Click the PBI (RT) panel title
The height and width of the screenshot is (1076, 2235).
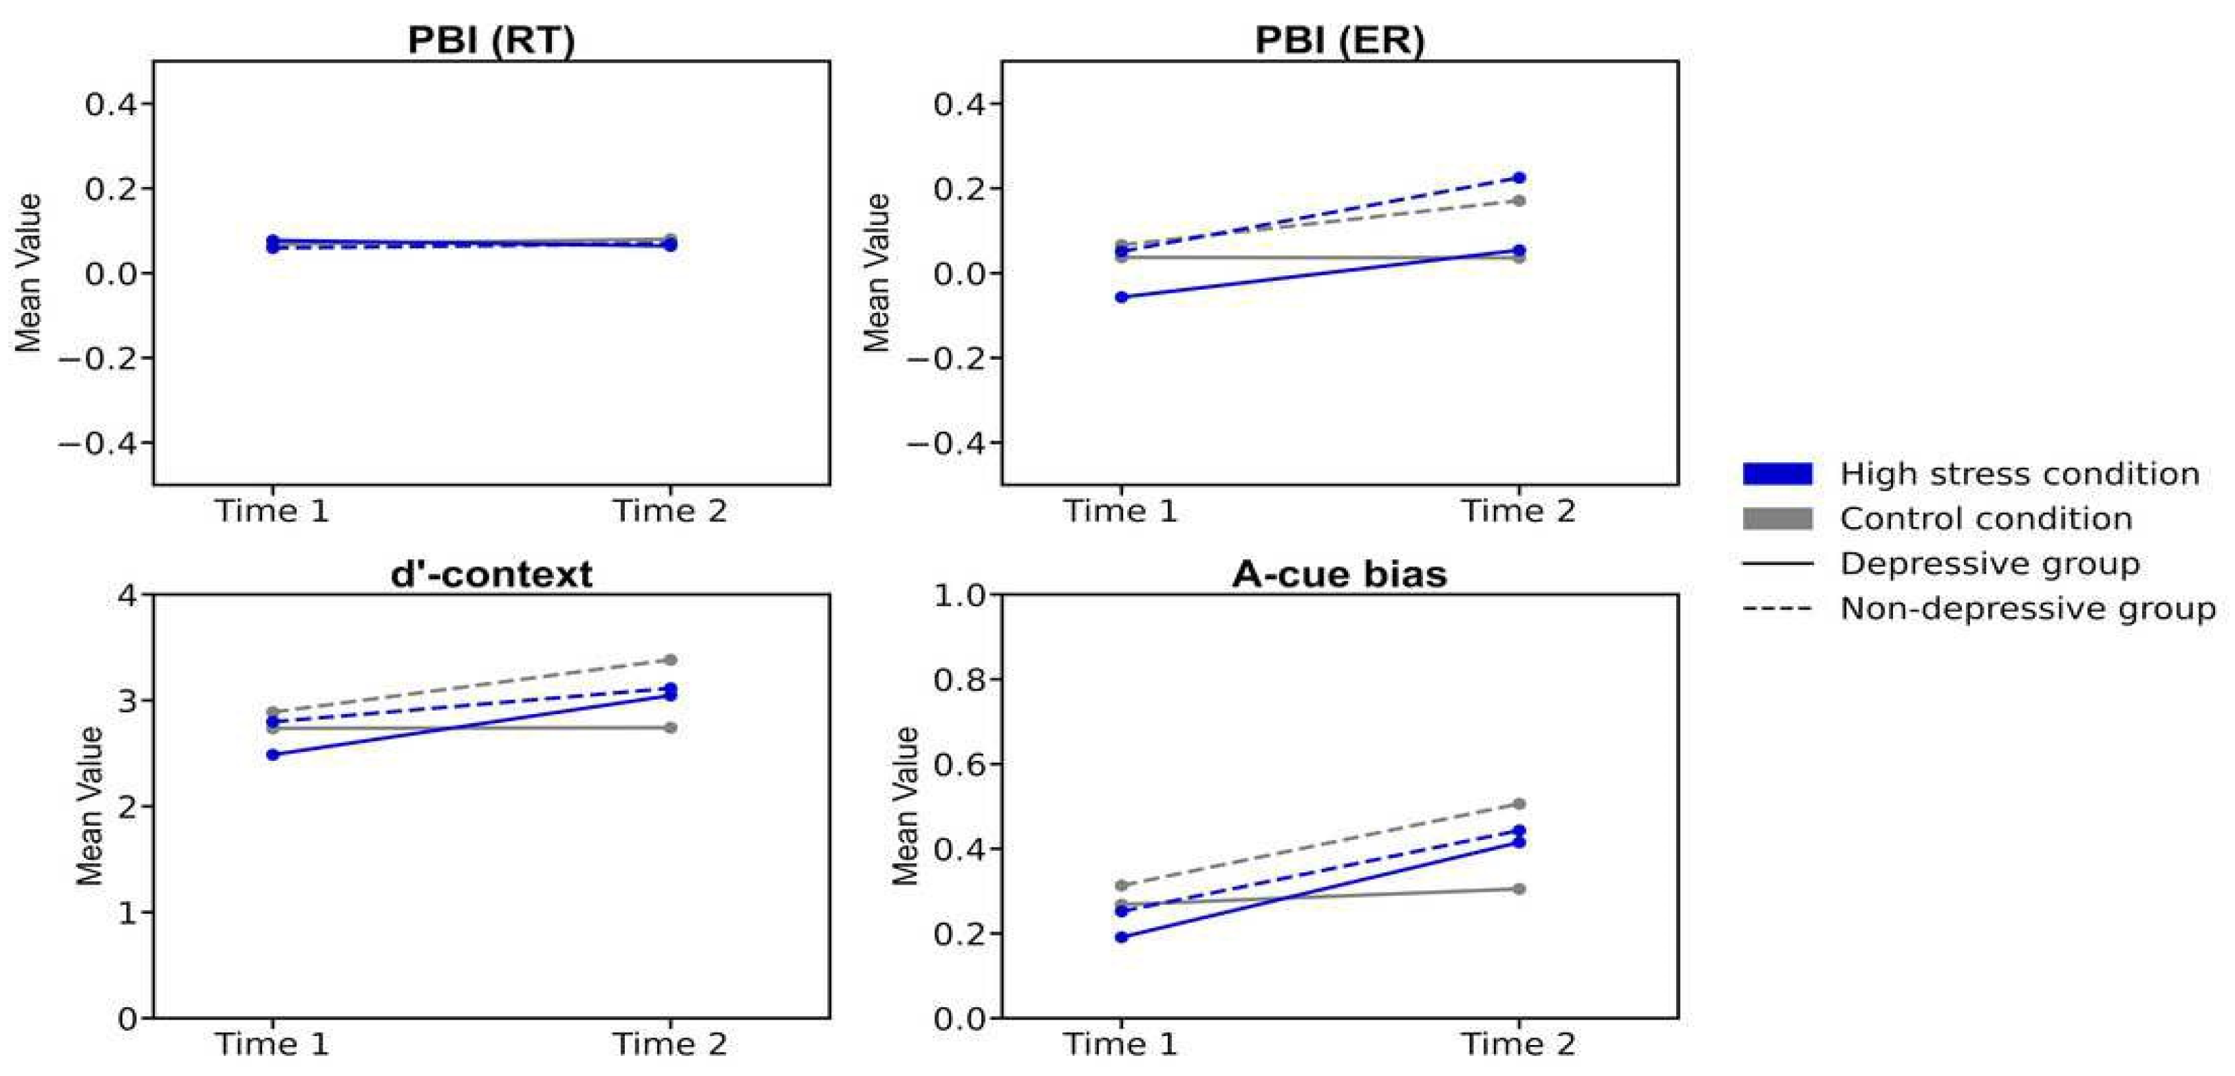491,40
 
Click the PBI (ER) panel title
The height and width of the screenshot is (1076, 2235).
1339,40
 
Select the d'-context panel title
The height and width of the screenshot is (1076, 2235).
491,574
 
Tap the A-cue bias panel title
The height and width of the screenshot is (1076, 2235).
1339,574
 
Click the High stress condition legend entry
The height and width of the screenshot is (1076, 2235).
2019,474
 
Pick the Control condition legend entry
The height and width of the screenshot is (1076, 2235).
1985,519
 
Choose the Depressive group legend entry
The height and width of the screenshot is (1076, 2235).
1989,564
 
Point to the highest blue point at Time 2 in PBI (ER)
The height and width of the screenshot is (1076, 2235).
1519,178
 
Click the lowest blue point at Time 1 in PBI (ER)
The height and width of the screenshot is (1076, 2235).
1121,297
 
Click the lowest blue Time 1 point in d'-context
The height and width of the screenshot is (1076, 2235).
272,754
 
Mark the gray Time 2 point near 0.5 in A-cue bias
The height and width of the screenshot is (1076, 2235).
1519,804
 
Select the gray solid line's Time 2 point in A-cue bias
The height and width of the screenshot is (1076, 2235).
1519,889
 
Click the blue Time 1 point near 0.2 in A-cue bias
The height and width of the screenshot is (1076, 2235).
1121,936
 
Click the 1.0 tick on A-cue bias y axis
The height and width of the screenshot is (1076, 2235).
960,595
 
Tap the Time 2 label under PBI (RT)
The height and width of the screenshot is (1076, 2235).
670,511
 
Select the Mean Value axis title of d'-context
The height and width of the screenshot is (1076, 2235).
89,805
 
